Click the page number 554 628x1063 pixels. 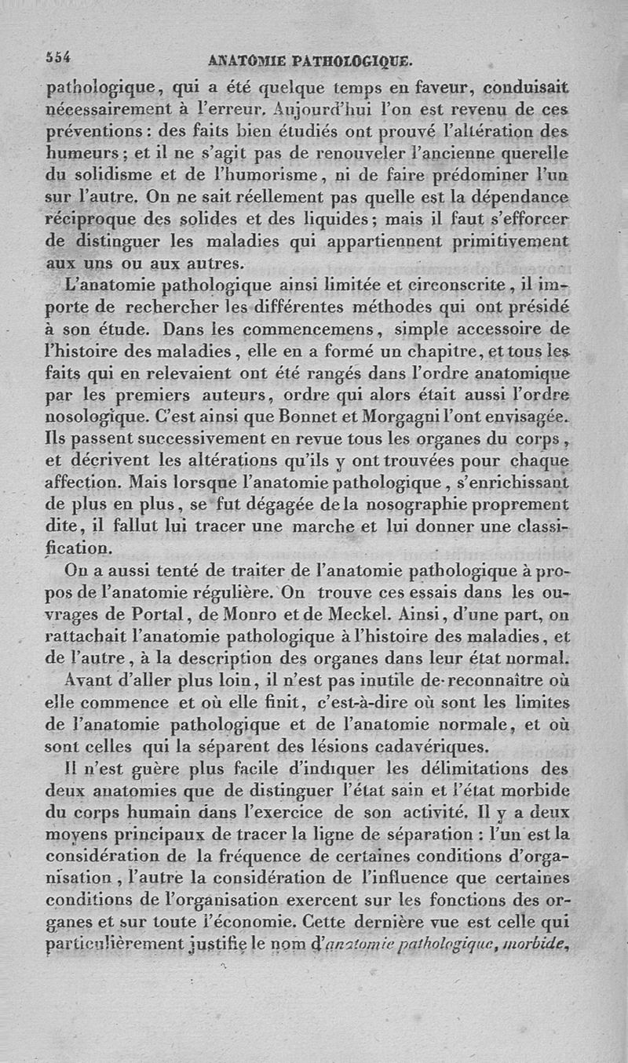[x=59, y=56]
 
